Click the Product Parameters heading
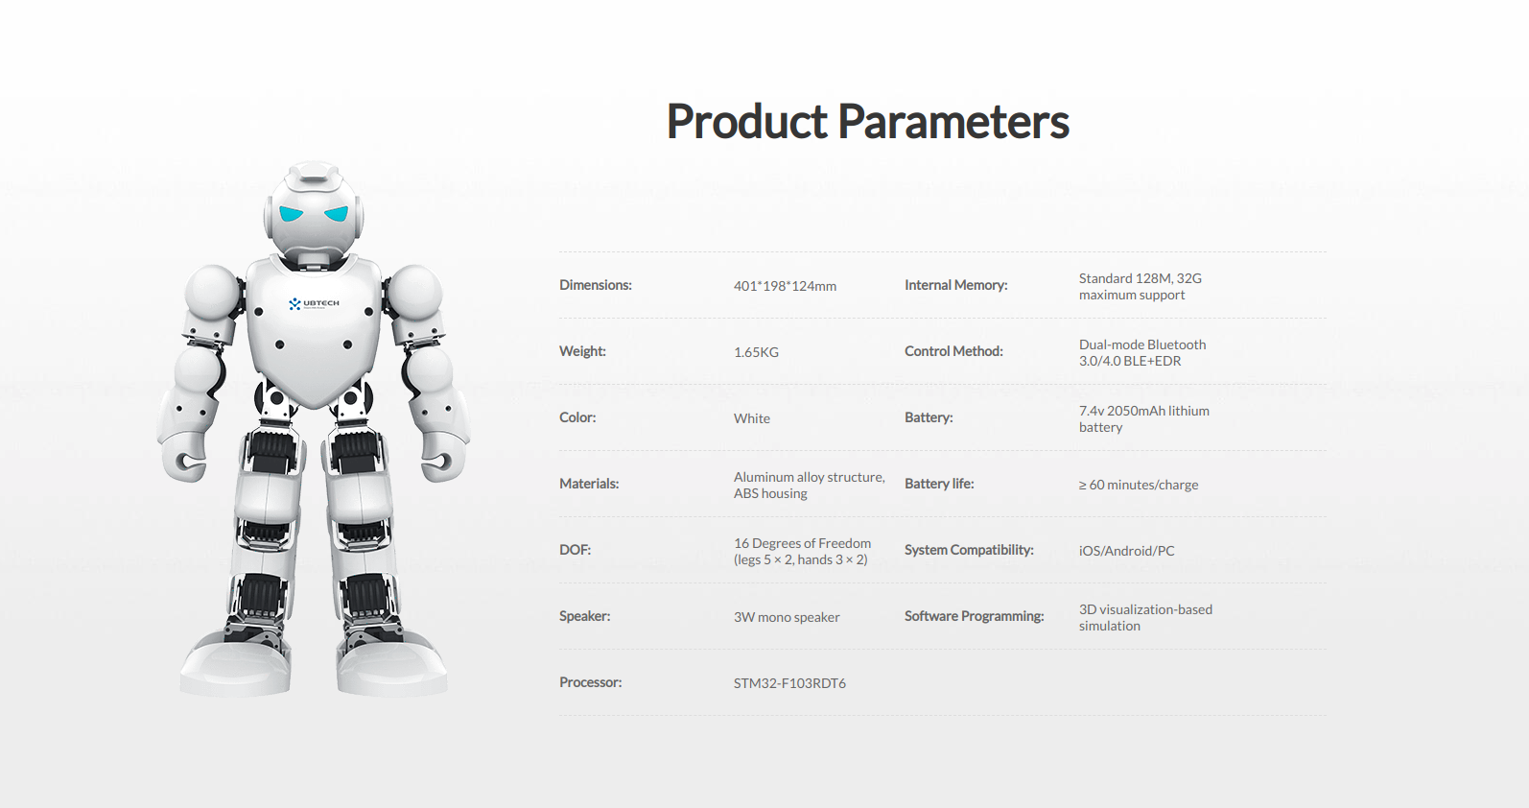point(867,122)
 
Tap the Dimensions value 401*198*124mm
point(785,286)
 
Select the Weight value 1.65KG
point(756,352)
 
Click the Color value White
point(751,418)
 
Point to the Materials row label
point(589,484)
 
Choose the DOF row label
point(575,550)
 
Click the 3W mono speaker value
point(787,617)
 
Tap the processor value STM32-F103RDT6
point(789,683)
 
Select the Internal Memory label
point(955,285)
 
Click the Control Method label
point(953,351)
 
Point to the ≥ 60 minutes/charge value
point(1139,485)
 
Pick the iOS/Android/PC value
point(1126,551)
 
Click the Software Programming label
point(974,616)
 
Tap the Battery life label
point(939,484)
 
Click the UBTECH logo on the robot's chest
point(314,303)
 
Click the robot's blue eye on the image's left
point(291,213)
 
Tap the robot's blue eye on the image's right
point(337,214)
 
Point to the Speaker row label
point(584,616)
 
